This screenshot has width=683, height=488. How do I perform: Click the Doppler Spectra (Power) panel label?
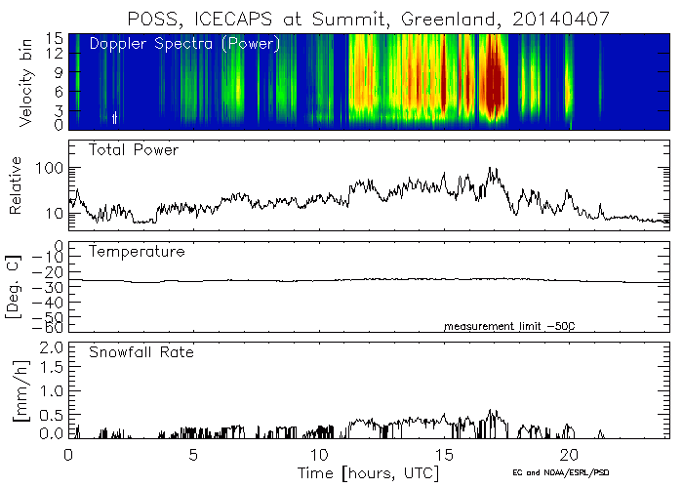click(184, 44)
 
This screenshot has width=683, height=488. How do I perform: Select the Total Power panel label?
click(134, 150)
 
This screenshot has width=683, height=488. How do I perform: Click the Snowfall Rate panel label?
click(142, 351)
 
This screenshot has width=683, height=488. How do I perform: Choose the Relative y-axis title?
click(17, 184)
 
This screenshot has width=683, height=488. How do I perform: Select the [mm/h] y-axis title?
click(17, 387)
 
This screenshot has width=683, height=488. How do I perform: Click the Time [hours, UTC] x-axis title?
click(368, 472)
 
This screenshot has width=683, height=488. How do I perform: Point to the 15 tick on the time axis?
click(444, 455)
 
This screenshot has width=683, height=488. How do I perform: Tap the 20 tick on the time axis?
click(569, 455)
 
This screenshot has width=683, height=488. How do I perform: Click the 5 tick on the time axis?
click(193, 455)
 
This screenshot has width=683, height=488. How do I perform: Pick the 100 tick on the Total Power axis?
click(49, 169)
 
